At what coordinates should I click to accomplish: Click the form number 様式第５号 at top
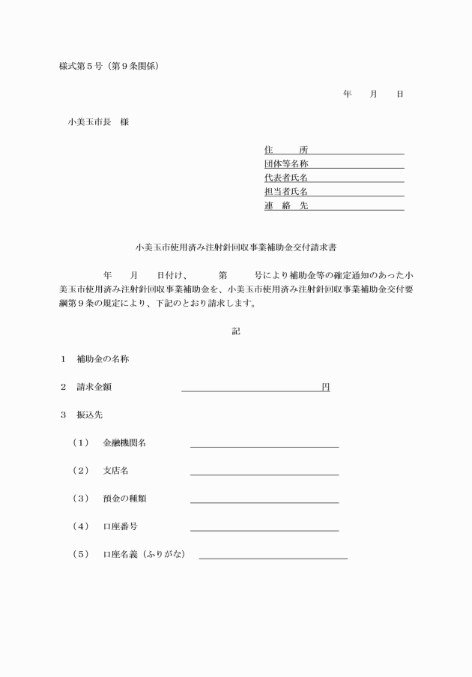(x=84, y=66)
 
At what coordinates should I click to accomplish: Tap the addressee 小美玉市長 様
(x=98, y=121)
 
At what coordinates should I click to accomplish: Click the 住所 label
(x=286, y=150)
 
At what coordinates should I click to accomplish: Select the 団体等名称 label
(x=286, y=164)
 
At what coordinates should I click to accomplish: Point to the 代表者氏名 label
(x=286, y=178)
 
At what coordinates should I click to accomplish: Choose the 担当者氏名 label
(x=286, y=192)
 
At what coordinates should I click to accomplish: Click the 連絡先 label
(x=286, y=205)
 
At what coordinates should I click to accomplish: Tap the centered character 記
(x=236, y=331)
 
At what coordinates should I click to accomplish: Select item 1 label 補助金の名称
(x=103, y=359)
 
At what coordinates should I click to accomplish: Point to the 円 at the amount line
(x=325, y=387)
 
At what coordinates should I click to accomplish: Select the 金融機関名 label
(x=124, y=443)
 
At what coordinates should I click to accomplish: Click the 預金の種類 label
(x=124, y=499)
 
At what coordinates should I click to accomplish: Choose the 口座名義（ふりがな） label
(x=144, y=555)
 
